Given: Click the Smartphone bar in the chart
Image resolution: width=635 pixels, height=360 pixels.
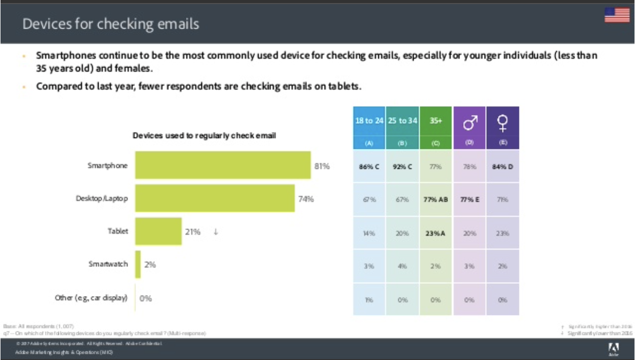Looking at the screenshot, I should pyautogui.click(x=223, y=165).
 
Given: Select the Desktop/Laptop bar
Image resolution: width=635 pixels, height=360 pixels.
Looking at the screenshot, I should pyautogui.click(x=215, y=198).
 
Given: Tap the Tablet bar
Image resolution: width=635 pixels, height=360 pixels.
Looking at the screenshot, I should pyautogui.click(x=158, y=232).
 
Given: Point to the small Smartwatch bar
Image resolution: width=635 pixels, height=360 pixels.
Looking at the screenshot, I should pyautogui.click(x=138, y=264).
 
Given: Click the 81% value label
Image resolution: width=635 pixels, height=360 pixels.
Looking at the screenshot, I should pyautogui.click(x=322, y=166).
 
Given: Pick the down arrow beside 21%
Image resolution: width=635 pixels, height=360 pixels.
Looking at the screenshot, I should pyautogui.click(x=216, y=232).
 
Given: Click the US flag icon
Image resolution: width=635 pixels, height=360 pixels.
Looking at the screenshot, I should pyautogui.click(x=617, y=15).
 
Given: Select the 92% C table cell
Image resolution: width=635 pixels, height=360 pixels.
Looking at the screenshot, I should pyautogui.click(x=402, y=167).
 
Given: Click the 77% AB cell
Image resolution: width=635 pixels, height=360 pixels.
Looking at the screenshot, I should pyautogui.click(x=436, y=199).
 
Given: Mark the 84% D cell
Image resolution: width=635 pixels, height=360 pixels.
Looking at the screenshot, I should pyautogui.click(x=503, y=167).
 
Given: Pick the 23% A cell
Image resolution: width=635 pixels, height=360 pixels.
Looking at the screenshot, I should pyautogui.click(x=436, y=233).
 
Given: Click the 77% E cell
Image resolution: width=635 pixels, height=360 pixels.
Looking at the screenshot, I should pyautogui.click(x=470, y=199).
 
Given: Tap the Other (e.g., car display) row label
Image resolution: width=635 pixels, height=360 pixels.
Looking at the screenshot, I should pyautogui.click(x=91, y=298).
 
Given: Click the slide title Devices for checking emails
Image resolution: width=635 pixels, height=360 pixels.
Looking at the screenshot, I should pyautogui.click(x=110, y=24).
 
